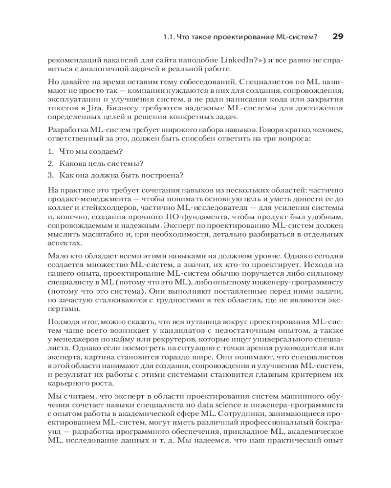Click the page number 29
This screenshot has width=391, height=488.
click(338, 36)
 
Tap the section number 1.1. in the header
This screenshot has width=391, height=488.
click(170, 37)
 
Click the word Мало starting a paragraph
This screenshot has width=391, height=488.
click(57, 256)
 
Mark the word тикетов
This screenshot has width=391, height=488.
click(62, 108)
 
